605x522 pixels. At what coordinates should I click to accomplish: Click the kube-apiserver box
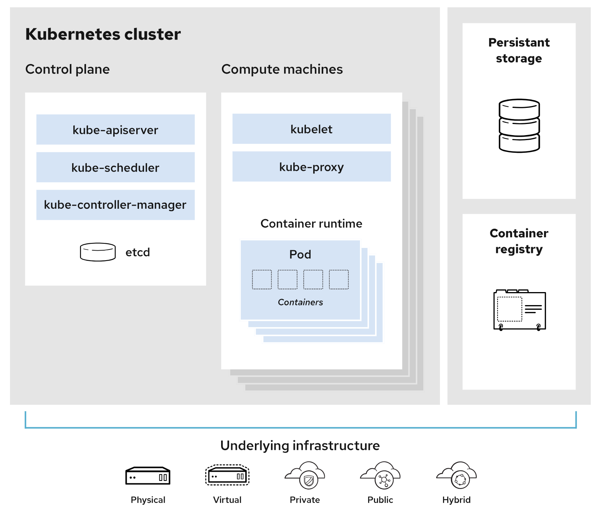(115, 129)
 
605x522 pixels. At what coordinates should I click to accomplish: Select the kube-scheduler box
(115, 167)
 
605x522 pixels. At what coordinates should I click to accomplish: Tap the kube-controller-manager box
(115, 205)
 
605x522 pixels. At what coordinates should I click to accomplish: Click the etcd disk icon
(98, 252)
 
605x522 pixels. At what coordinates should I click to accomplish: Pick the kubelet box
(311, 129)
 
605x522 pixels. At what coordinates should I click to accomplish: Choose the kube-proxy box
(311, 167)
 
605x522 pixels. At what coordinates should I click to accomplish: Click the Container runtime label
(311, 223)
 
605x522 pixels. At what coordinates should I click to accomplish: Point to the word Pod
(300, 254)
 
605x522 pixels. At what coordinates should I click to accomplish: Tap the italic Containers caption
(300, 302)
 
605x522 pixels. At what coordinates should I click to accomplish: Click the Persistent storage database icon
(519, 126)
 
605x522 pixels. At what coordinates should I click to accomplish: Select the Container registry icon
(519, 310)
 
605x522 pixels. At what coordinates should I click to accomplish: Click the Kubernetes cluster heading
(103, 34)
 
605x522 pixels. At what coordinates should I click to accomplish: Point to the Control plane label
(68, 69)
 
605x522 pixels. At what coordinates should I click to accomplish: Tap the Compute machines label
(282, 69)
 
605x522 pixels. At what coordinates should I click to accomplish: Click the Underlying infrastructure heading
(300, 446)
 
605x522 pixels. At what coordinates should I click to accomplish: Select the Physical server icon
(148, 476)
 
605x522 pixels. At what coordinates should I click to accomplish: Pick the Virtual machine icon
(227, 475)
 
